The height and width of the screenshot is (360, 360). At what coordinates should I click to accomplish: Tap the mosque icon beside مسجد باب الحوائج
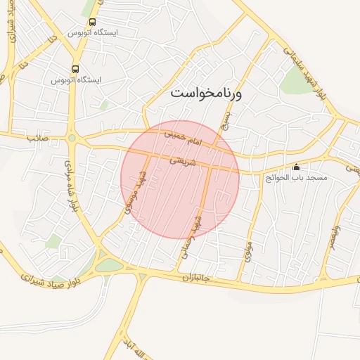click(296, 167)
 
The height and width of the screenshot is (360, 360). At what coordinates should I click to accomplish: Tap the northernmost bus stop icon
click(93, 21)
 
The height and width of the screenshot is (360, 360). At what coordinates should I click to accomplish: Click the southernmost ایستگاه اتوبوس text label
click(75, 80)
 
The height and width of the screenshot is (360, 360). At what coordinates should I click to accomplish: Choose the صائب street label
click(36, 139)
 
